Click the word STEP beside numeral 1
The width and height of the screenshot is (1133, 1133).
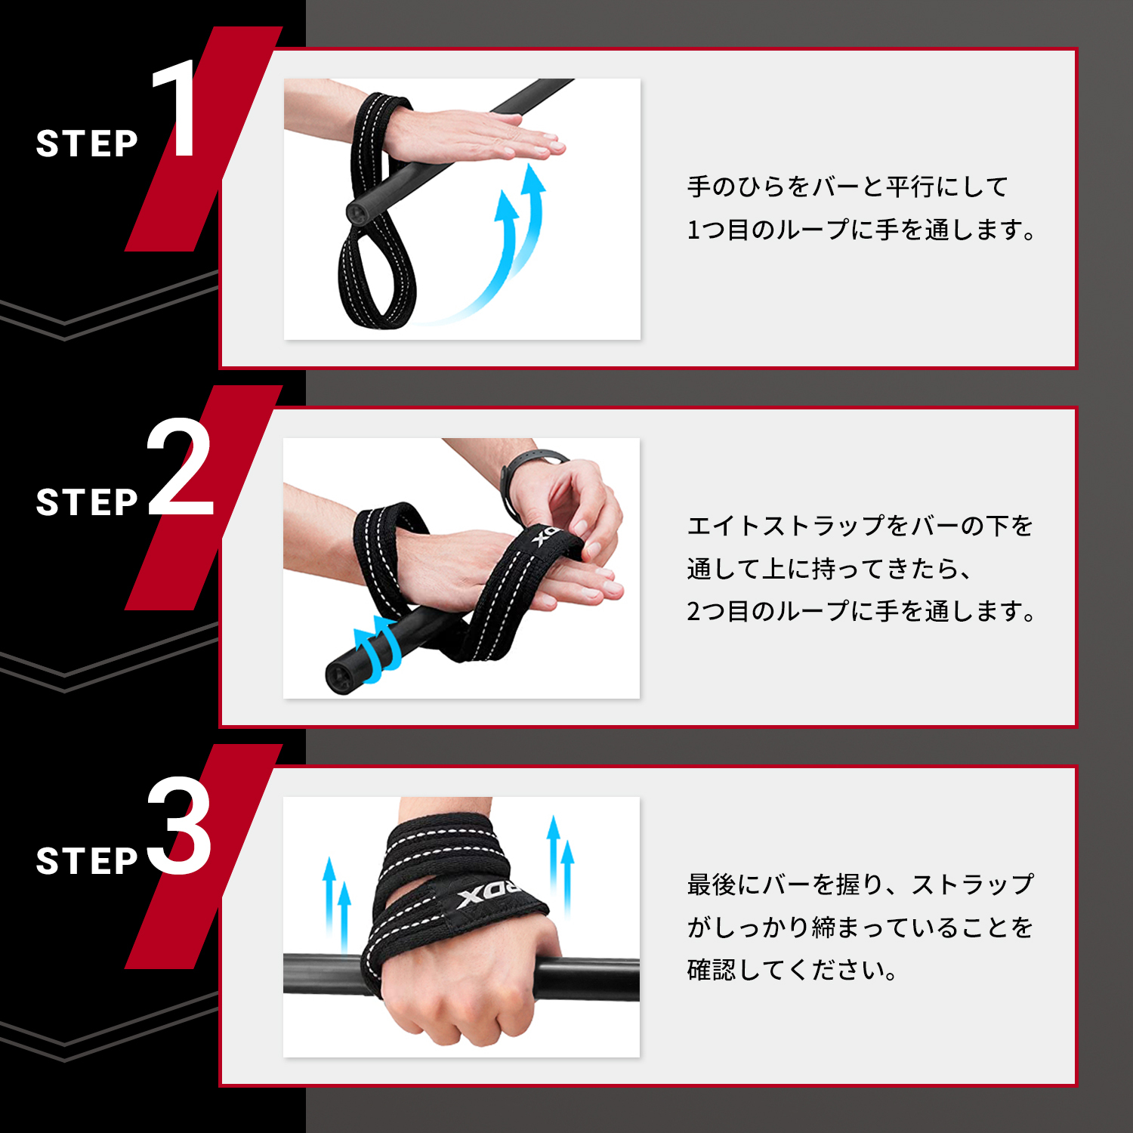(x=87, y=144)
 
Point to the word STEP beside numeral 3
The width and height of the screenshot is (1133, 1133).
(x=87, y=861)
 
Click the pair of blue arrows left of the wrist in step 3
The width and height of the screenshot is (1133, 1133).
(x=337, y=903)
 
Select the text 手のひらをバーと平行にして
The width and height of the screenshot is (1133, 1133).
(x=847, y=187)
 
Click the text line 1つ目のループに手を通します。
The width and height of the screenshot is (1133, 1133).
(x=861, y=230)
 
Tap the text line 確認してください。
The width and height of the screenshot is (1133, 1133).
(x=792, y=969)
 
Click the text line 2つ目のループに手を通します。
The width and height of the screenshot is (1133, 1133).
(x=861, y=610)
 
